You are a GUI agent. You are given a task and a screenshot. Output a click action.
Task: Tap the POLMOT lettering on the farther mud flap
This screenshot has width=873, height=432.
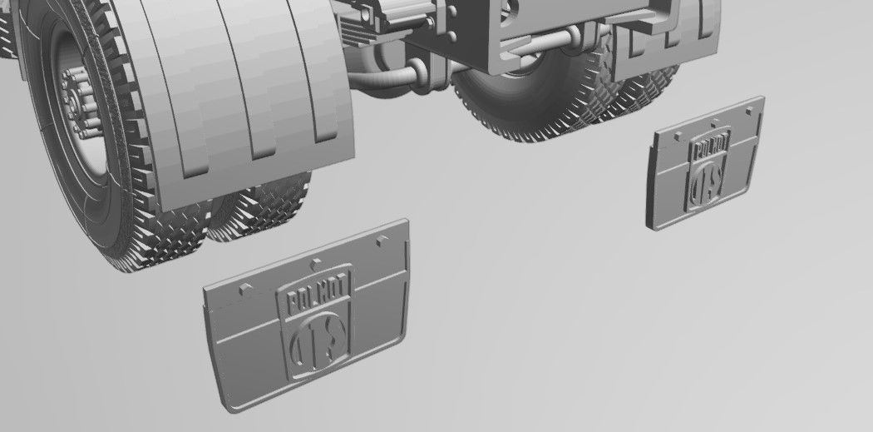coord(710,149)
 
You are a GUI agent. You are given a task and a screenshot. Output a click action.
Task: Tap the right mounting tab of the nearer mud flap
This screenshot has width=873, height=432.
coord(382,240)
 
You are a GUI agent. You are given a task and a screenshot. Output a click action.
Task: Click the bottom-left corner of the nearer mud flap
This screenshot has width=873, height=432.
coord(229,406)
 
